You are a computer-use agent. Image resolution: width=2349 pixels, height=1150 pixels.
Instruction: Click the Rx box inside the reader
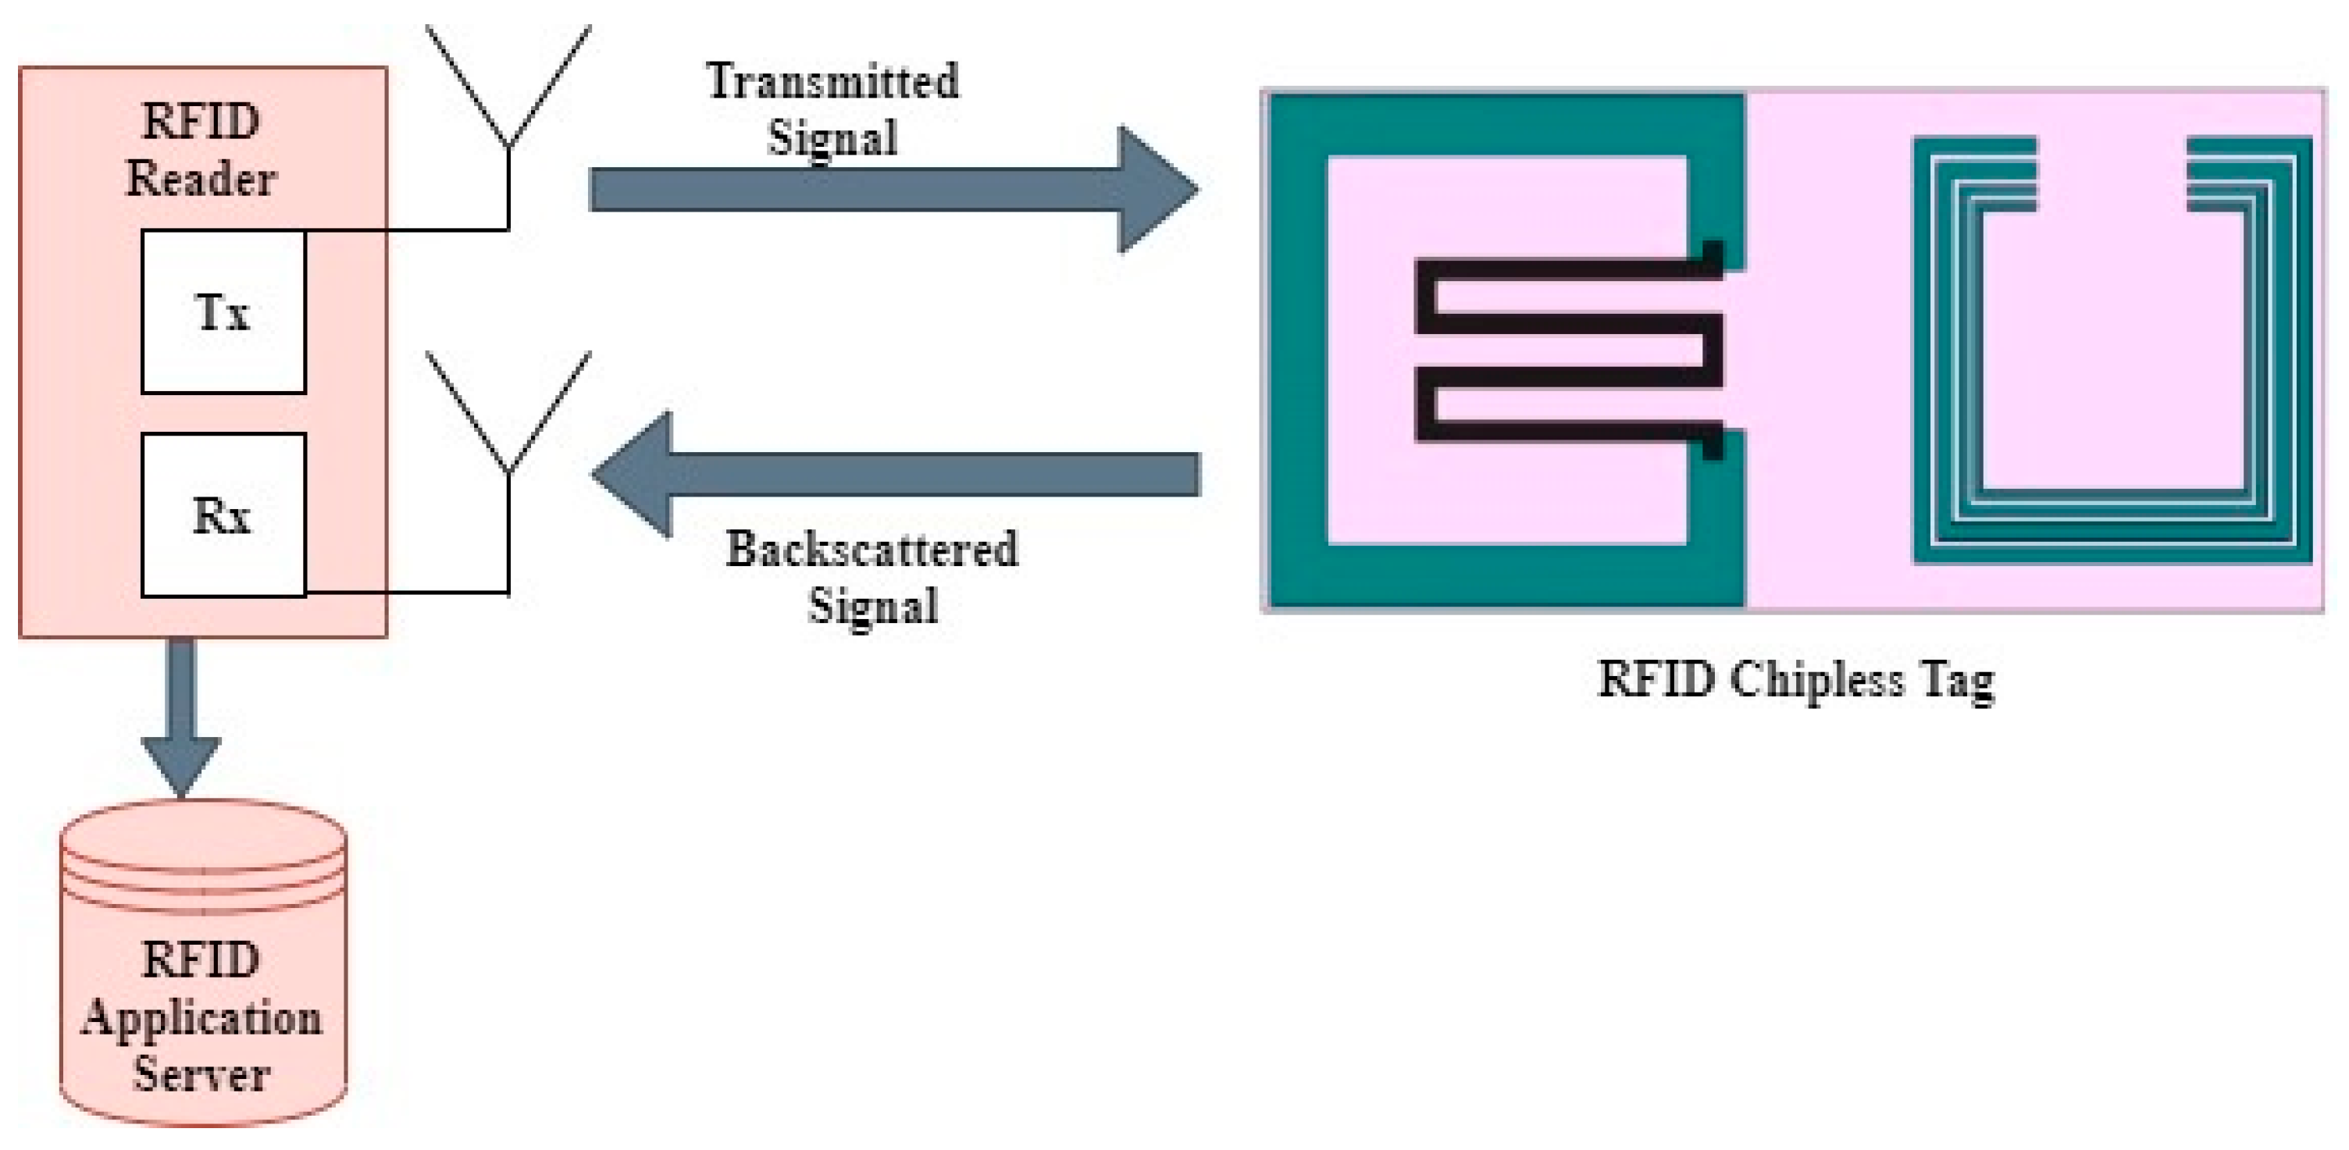[223, 516]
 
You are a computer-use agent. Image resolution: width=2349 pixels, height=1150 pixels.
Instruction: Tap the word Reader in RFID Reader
[201, 178]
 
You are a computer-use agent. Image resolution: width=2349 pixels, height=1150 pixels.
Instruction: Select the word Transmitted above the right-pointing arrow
[832, 81]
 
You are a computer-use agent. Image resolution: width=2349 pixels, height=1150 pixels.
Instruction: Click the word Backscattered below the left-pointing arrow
[872, 550]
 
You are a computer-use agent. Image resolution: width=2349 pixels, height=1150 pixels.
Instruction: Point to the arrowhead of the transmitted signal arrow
[1157, 190]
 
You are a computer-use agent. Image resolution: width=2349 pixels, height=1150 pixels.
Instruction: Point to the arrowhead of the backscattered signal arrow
[635, 474]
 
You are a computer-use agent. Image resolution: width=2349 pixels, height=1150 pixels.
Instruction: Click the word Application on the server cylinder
[201, 1019]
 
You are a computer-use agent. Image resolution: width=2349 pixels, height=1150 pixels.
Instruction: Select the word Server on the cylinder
[201, 1073]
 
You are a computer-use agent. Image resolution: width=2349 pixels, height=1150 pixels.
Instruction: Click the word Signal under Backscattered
[872, 607]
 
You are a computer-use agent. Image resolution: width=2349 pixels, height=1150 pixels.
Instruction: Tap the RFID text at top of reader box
[201, 121]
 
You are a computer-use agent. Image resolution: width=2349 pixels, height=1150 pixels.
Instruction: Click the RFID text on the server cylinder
[201, 960]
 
